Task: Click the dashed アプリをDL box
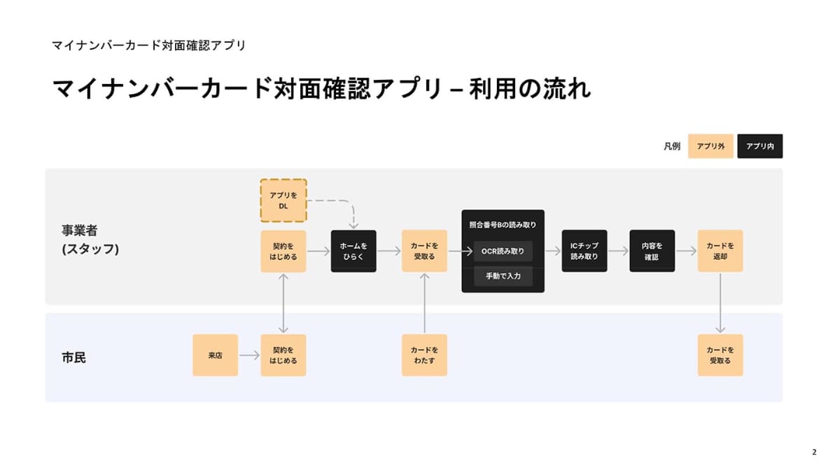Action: point(283,200)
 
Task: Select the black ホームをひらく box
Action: point(353,251)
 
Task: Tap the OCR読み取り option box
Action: point(503,252)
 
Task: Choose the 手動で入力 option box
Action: point(503,276)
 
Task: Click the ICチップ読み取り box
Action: point(584,251)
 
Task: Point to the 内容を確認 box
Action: point(652,251)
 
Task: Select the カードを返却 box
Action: point(720,251)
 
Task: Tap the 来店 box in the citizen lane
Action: point(215,355)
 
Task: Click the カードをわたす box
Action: point(424,355)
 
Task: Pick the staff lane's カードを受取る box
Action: point(424,251)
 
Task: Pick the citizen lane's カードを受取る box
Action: point(720,355)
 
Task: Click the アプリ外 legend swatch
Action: point(710,146)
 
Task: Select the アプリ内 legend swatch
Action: point(759,146)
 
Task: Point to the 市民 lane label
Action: point(73,357)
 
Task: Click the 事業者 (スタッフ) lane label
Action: point(90,239)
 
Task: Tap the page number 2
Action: point(813,452)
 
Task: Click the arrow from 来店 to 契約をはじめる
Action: point(249,355)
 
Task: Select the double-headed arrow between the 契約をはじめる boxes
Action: point(283,303)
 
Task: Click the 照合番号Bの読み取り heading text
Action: point(503,225)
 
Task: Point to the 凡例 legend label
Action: point(671,146)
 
